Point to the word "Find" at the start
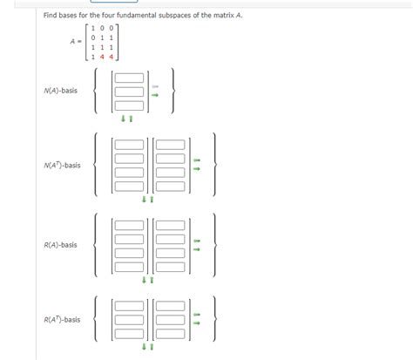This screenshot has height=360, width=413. point(51,17)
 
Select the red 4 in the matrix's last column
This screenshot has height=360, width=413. point(112,57)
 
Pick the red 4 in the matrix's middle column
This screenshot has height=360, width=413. point(102,57)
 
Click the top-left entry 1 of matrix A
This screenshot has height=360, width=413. point(91,28)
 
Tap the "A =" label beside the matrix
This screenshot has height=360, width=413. point(77,42)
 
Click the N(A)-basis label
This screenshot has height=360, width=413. point(60,90)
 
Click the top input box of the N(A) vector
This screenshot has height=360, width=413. point(128,78)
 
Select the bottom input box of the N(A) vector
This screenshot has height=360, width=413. point(128,103)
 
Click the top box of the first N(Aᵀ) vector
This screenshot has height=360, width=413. point(128,146)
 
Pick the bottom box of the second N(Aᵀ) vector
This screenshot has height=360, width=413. point(171,185)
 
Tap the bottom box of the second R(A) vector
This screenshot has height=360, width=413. point(171,264)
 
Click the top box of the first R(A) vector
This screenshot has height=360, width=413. point(128,226)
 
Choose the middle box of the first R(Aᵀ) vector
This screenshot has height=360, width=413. point(128,319)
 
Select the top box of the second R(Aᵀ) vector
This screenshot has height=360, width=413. point(171,307)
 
